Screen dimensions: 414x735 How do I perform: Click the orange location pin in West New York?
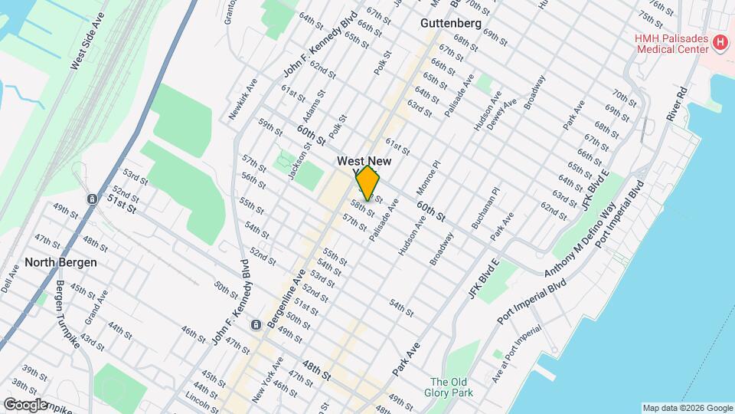pos(367,182)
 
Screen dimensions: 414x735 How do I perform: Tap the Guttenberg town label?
pos(450,24)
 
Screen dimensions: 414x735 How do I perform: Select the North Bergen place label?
pos(60,261)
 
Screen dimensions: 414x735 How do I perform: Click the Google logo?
pos(25,404)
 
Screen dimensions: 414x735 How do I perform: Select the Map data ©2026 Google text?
pos(687,408)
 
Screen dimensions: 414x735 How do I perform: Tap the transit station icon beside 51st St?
pos(91,199)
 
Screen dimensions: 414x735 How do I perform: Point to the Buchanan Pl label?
pos(485,208)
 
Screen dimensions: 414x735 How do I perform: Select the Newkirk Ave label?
pos(243,99)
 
